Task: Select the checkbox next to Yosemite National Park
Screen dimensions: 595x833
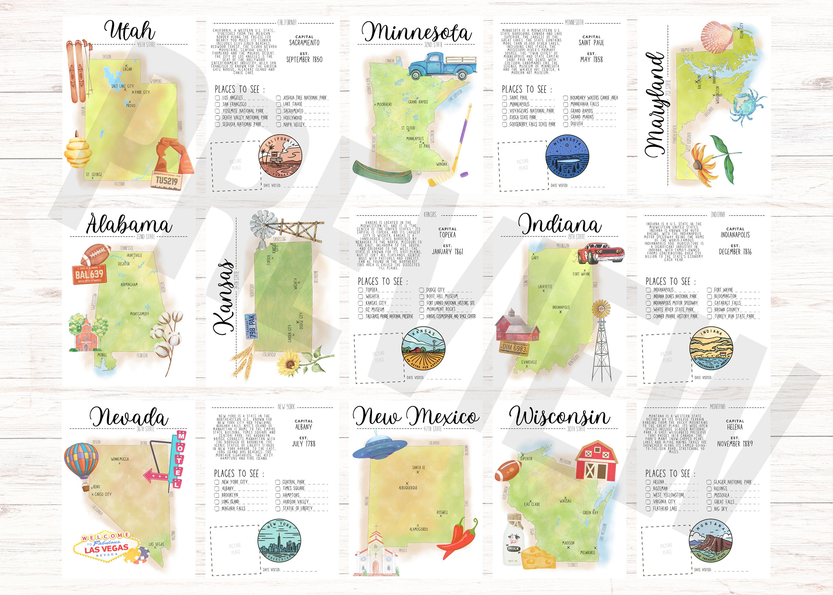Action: [217, 111]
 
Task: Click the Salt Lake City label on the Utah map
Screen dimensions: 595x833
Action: [122, 86]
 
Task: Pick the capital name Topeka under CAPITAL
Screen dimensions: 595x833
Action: [447, 235]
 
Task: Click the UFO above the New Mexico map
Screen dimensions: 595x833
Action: [379, 447]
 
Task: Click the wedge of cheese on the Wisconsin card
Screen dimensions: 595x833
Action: [538, 557]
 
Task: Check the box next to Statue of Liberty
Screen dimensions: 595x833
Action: [278, 509]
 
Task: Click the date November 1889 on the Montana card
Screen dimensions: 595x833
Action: [734, 444]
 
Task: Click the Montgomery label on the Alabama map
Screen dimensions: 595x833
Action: [139, 314]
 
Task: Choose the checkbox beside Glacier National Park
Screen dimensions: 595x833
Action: [709, 482]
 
